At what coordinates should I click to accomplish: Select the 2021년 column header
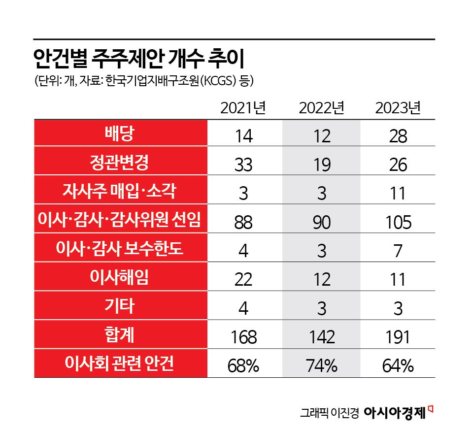(x=243, y=108)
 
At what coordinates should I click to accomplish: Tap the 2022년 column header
(x=321, y=108)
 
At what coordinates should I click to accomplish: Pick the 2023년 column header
(x=398, y=108)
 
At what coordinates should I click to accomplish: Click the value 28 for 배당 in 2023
(x=398, y=135)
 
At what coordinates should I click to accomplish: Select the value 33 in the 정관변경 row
(x=243, y=165)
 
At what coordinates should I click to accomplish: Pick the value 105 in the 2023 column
(x=398, y=222)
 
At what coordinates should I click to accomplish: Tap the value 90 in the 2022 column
(x=321, y=222)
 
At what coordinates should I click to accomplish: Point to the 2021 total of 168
(x=243, y=337)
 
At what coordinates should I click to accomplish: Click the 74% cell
(x=321, y=366)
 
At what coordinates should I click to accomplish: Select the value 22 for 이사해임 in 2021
(x=243, y=280)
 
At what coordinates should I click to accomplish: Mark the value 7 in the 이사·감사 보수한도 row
(x=398, y=251)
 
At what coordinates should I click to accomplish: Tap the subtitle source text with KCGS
(x=143, y=80)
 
